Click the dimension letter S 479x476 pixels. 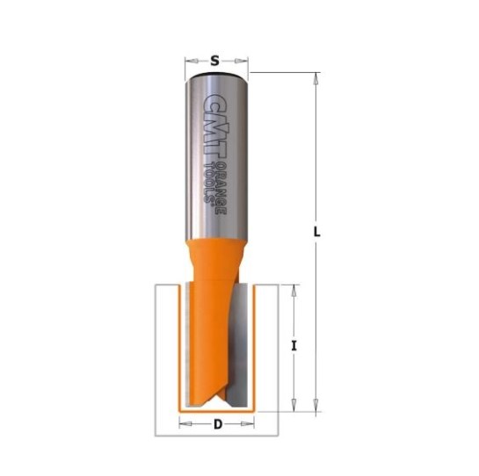pyautogui.click(x=215, y=61)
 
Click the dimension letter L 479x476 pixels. pyautogui.click(x=317, y=233)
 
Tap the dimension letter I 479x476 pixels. pyautogui.click(x=294, y=346)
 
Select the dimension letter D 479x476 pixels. pyautogui.click(x=217, y=424)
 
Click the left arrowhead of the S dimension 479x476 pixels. pyautogui.click(x=192, y=61)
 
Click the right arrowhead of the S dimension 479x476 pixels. pyautogui.click(x=242, y=61)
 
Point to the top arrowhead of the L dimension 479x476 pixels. pyautogui.click(x=316, y=79)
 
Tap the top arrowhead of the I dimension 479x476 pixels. pyautogui.click(x=294, y=291)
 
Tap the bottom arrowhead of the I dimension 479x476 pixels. pyautogui.click(x=294, y=406)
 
